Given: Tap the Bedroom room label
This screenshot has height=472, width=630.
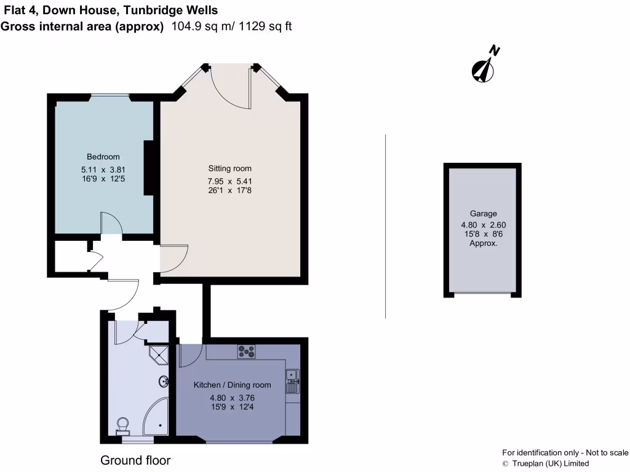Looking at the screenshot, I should (x=103, y=157).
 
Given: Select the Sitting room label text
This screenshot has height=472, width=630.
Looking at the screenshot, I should (x=229, y=168).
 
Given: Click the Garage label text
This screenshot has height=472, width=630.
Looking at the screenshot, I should (x=483, y=214).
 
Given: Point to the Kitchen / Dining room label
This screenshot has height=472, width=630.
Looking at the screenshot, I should (x=232, y=385).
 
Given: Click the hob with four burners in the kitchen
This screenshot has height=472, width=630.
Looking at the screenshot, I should (x=247, y=352).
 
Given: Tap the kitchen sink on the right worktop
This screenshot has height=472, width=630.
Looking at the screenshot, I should (x=292, y=381).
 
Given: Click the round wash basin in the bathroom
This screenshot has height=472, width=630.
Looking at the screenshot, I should (x=164, y=382).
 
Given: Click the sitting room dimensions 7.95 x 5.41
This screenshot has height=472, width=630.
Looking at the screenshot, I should (x=229, y=181).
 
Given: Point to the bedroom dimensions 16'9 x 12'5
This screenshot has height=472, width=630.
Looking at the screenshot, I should (x=103, y=179).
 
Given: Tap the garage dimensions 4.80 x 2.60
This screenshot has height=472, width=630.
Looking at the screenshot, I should (x=483, y=225).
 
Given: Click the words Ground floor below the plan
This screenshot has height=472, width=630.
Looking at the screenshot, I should (x=135, y=460).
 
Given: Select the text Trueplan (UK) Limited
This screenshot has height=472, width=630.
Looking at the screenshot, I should (x=550, y=463).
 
